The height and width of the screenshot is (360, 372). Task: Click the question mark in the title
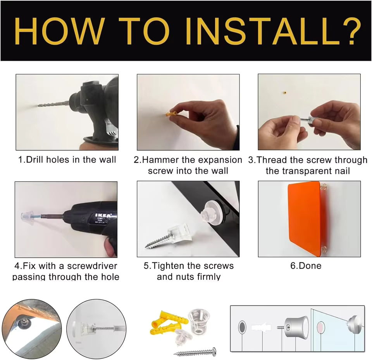click(351, 31)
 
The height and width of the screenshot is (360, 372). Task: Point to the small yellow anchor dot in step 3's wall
click(285, 93)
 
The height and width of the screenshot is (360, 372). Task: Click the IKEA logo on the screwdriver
click(103, 215)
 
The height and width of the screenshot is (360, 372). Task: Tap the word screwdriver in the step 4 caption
click(92, 266)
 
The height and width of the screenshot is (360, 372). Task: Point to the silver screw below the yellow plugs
click(195, 352)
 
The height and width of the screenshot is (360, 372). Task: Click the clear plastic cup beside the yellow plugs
click(199, 322)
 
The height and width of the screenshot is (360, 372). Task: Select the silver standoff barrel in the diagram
click(296, 328)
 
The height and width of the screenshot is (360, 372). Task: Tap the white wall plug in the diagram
click(261, 328)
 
